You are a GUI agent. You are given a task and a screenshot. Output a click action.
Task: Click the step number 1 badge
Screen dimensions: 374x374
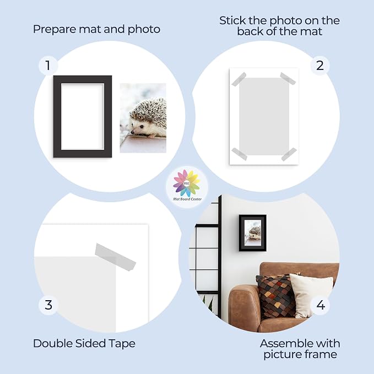[x=48, y=66]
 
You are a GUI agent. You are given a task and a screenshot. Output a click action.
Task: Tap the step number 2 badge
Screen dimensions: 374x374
[x=320, y=66]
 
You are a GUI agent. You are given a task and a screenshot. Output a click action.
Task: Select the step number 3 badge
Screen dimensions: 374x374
[x=48, y=305]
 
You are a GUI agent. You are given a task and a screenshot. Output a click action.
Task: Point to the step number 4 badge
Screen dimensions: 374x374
[x=321, y=305]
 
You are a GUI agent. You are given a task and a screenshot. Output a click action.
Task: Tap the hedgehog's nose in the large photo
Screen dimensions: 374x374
[x=132, y=132]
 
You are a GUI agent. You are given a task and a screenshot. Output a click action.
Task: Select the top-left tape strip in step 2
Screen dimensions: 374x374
[x=239, y=79]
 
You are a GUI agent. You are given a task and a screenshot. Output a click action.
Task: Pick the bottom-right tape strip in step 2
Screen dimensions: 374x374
[x=289, y=154]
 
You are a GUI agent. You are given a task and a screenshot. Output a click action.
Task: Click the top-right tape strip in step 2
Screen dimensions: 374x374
[x=288, y=78]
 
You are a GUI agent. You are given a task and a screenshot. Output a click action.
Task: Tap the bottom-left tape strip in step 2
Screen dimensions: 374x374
[x=239, y=154]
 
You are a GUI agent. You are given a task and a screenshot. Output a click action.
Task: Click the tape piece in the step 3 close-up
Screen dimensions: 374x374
[x=116, y=257]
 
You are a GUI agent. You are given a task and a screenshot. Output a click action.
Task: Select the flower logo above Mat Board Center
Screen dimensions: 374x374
[x=187, y=183]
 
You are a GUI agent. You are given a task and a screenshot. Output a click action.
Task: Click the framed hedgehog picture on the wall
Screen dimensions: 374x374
[x=253, y=233]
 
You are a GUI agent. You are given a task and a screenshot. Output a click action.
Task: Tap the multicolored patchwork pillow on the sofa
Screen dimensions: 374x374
[x=276, y=295]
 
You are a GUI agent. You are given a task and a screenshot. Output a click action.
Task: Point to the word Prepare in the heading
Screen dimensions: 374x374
[x=55, y=30]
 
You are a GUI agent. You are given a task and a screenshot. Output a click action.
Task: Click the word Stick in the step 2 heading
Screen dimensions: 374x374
[x=232, y=21]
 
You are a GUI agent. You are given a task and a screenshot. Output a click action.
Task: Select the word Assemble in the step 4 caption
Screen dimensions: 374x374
[x=284, y=344]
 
